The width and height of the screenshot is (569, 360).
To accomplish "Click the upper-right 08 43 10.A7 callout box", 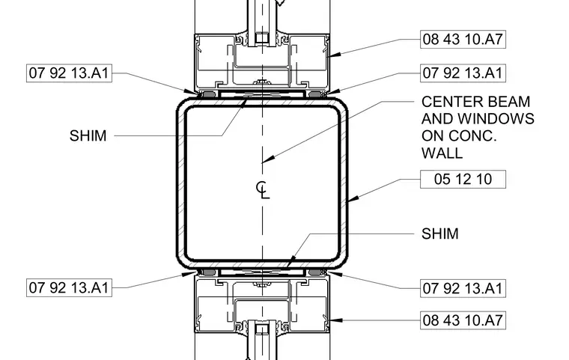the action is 463,39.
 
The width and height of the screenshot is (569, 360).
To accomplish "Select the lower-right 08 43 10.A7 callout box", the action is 463,320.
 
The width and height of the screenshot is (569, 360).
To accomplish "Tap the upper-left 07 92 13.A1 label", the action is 69,73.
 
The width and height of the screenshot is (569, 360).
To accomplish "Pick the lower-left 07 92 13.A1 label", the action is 69,288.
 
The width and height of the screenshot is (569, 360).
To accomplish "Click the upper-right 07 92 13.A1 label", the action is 463,73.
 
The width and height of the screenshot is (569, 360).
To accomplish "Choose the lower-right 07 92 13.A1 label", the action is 463,288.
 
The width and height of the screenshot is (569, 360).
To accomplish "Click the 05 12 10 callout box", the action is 463,180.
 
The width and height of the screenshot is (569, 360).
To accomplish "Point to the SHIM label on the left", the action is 88,135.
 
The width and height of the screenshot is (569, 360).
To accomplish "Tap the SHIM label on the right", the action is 440,234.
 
